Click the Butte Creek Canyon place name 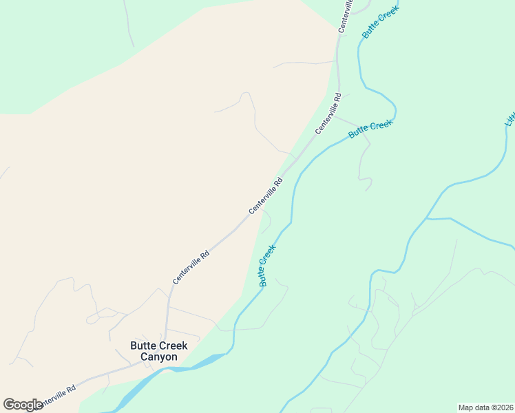point(159,351)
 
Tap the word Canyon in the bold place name point(159,357)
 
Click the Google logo point(23,405)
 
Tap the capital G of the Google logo point(9,404)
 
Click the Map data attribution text point(485,407)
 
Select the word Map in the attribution point(465,407)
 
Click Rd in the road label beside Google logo point(71,390)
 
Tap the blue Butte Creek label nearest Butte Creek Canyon point(267,265)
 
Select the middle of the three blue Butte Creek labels point(370,129)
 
